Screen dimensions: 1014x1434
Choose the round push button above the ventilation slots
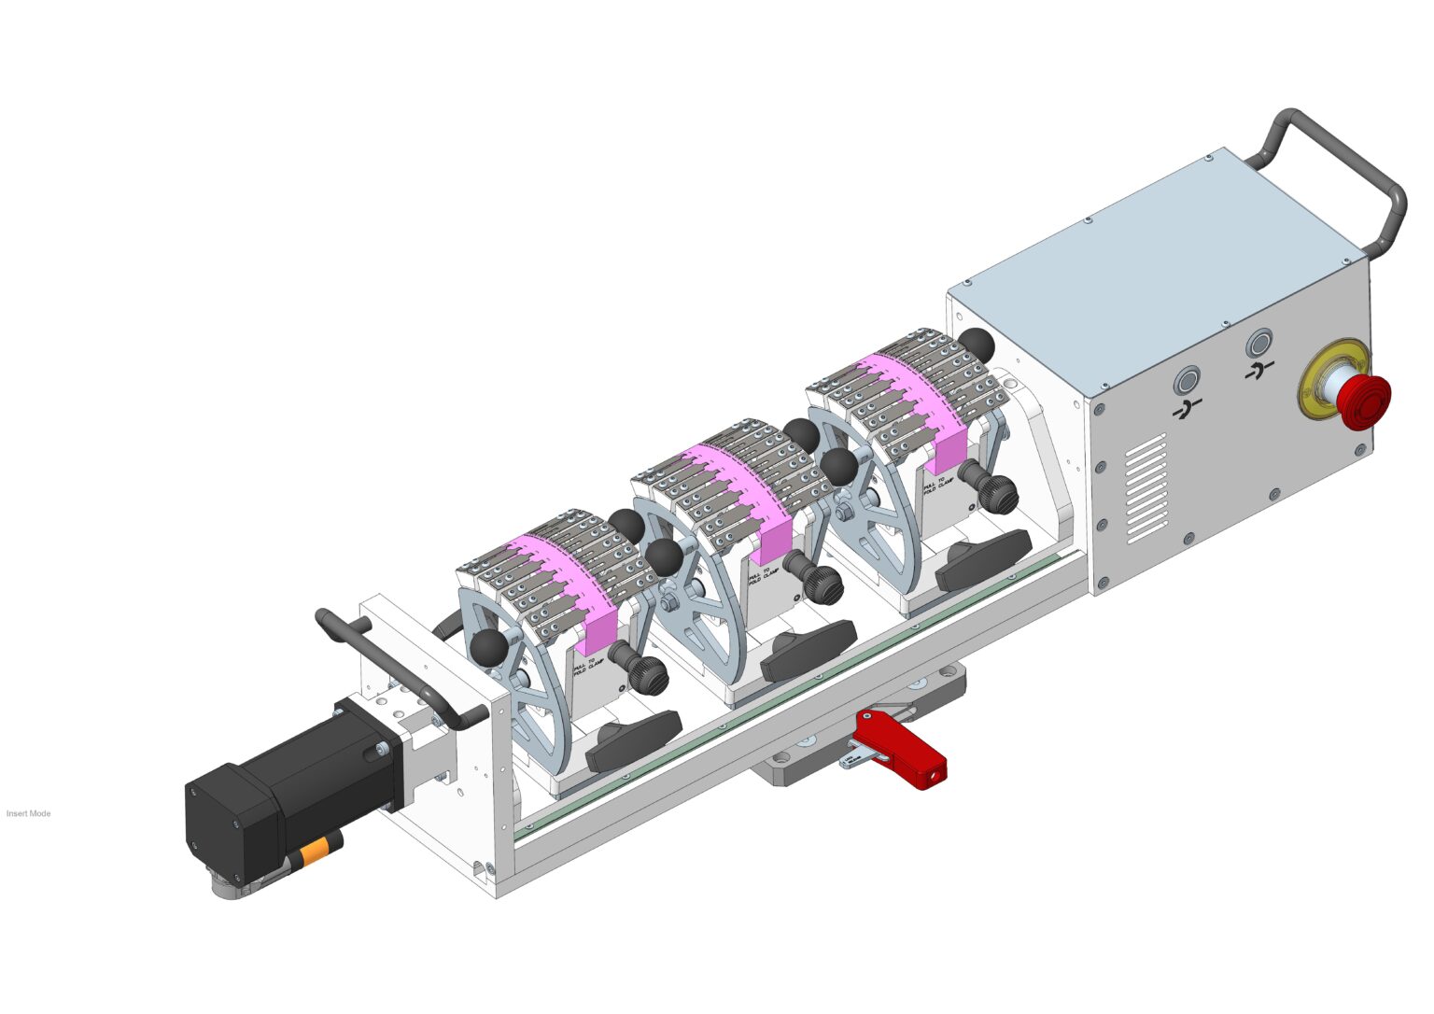pos(1187,382)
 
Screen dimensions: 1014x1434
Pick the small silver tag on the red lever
pos(851,761)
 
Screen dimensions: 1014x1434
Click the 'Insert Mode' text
pos(28,813)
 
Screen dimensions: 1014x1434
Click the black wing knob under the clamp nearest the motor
pos(635,738)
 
